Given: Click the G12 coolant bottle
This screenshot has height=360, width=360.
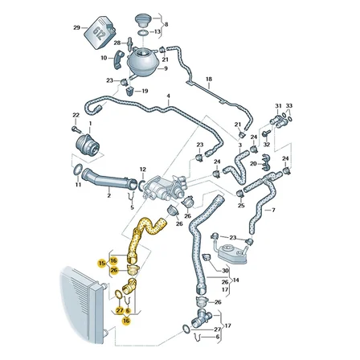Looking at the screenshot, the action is (x=100, y=32).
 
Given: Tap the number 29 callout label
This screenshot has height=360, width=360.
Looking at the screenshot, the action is (x=76, y=27).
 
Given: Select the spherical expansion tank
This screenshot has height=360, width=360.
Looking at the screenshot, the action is (x=142, y=61).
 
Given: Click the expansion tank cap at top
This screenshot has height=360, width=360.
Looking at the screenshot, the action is (x=143, y=19).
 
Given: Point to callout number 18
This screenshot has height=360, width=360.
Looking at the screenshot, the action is (x=209, y=79).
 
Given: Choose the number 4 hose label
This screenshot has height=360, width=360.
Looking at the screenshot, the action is (x=169, y=96).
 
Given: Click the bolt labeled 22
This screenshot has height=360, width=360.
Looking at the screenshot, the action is (x=76, y=130).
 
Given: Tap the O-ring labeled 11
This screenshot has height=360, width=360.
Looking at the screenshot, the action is (x=78, y=170).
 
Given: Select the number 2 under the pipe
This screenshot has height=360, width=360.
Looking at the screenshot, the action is (x=108, y=196).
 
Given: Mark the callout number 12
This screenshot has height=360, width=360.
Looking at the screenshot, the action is (x=143, y=170).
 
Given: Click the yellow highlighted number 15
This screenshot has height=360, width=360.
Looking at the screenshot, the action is (x=101, y=264).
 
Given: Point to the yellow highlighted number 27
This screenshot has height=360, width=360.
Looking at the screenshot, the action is (x=120, y=310).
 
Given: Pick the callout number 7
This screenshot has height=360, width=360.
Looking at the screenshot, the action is (x=273, y=211).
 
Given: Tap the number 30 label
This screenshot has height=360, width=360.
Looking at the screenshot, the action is (x=225, y=271).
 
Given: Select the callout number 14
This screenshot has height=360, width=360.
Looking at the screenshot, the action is (x=236, y=280).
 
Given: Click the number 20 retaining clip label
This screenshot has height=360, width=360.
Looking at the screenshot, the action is (x=253, y=163).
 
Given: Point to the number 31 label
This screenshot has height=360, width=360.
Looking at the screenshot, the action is (x=278, y=106).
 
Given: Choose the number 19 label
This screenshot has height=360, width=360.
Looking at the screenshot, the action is (x=145, y=91).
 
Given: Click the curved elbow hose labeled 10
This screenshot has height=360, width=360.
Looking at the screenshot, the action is (x=118, y=59).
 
